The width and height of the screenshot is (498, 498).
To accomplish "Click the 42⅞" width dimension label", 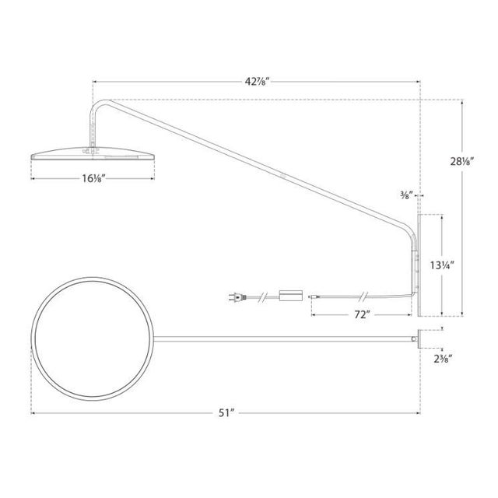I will point(256,80).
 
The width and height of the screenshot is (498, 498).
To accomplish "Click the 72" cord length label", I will point(360,314).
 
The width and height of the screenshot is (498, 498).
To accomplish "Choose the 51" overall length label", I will point(226,413).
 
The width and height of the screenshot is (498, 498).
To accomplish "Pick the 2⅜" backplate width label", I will point(445,359).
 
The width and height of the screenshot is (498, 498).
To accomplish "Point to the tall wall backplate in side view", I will point(419,265).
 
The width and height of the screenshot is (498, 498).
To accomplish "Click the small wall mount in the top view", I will point(419,338).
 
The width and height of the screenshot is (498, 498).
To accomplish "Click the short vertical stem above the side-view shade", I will point(94,128).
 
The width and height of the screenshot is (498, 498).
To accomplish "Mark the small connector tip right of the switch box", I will point(313,296).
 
